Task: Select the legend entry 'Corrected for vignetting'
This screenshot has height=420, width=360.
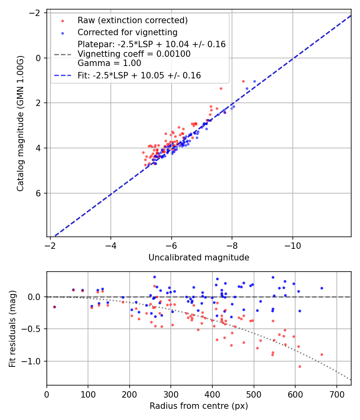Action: [127, 32]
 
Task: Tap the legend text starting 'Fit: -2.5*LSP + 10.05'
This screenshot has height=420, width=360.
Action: [139, 75]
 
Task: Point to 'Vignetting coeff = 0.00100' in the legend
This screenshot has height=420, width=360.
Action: [134, 54]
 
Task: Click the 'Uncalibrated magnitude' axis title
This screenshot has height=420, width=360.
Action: [199, 258]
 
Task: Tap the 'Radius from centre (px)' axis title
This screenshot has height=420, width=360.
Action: [199, 406]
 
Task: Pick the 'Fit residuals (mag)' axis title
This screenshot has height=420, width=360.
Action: [12, 328]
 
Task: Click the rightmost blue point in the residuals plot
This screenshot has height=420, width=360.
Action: [322, 288]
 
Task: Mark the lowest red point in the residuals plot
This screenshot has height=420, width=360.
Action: [300, 366]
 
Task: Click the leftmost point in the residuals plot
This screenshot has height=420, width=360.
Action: [54, 307]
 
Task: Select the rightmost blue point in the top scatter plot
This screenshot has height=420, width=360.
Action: [254, 81]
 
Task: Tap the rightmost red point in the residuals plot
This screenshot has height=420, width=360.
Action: [322, 354]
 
